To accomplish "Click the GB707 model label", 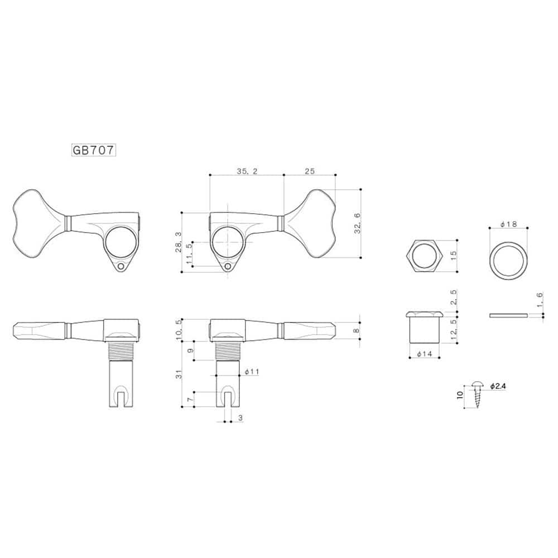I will [93, 150].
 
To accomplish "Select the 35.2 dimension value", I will [246, 171].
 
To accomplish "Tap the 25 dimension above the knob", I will [310, 171].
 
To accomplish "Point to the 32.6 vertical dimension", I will [357, 223].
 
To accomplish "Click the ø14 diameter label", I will [424, 354].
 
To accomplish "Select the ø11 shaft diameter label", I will [251, 371].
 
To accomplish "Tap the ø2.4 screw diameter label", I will [498, 386].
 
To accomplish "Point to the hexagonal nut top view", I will [425, 256].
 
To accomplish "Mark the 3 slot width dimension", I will [240, 417].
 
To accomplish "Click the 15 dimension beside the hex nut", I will [454, 255].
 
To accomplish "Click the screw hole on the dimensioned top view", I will [227, 266].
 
